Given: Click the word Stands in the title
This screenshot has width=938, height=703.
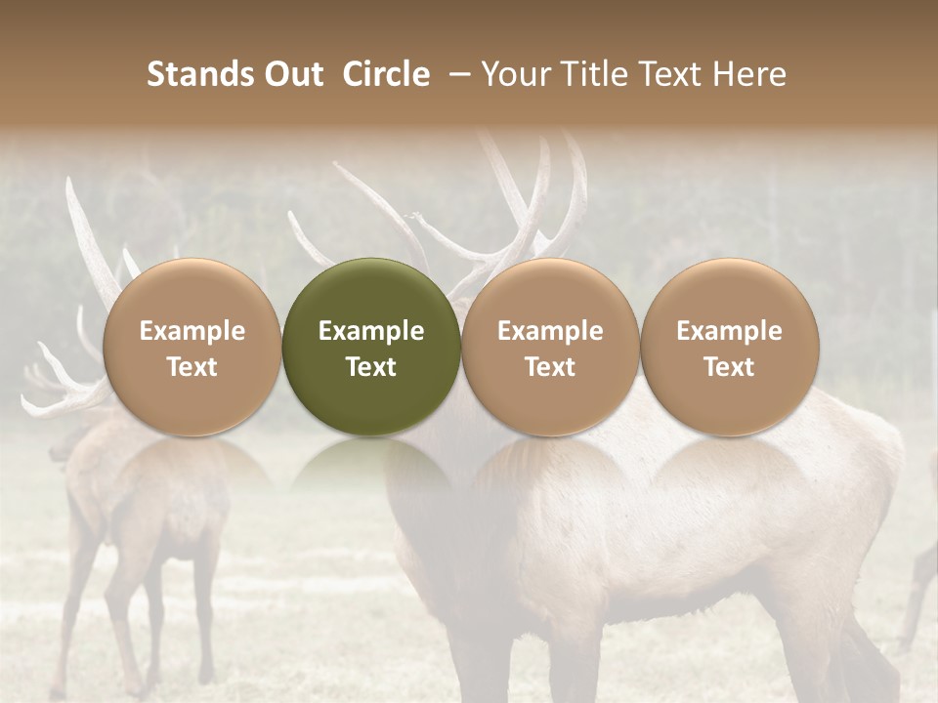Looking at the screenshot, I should [200, 74].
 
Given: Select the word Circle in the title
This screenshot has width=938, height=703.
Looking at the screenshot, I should [386, 74].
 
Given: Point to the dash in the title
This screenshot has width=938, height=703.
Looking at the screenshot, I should [456, 75].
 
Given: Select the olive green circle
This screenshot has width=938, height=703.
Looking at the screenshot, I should [371, 347].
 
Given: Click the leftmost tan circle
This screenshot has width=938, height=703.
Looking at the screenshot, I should [192, 347].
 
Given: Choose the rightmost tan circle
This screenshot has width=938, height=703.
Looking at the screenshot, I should [729, 347].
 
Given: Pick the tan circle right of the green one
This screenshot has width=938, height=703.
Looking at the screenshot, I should [550, 347].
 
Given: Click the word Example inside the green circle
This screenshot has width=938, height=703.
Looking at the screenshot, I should [371, 331].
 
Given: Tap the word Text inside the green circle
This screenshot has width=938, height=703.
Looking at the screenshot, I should [371, 367].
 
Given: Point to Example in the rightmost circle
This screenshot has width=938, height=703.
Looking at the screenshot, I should [729, 331].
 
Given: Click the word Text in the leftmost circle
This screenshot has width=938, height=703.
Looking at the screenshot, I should [192, 367].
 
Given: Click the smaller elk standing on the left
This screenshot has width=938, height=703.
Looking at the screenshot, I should [137, 508].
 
